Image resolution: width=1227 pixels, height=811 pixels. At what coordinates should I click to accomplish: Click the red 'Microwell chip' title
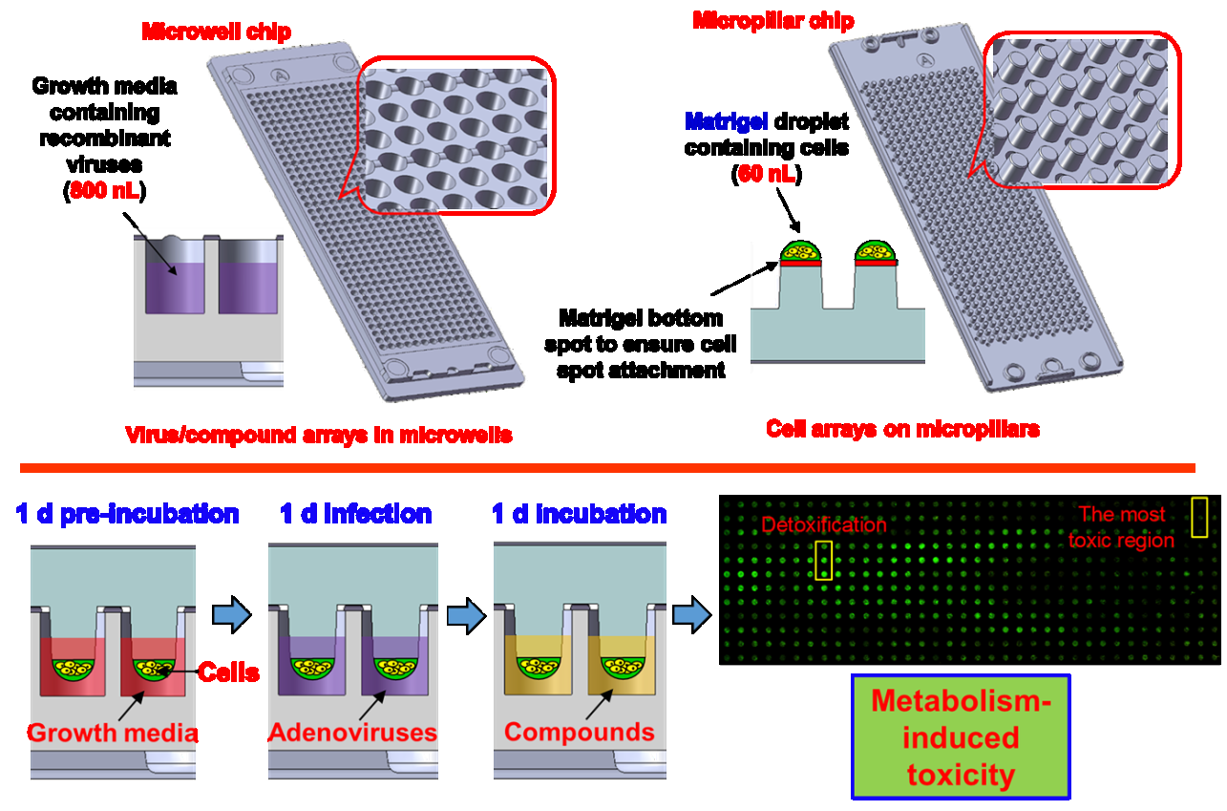coord(216,32)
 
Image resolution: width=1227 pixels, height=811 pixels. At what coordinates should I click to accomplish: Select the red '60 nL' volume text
coord(767,174)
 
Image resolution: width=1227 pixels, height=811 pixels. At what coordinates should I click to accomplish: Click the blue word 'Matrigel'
coord(718,123)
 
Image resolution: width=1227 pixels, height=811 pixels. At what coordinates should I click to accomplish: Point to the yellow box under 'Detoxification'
coord(823,560)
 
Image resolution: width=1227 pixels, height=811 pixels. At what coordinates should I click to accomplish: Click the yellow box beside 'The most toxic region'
coord(1199,516)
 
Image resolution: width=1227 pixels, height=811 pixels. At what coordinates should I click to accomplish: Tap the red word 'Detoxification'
coord(824,524)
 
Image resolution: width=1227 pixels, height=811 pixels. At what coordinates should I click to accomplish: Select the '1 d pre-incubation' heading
coord(127,514)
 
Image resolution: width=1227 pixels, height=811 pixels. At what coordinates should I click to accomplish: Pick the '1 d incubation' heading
coord(579,514)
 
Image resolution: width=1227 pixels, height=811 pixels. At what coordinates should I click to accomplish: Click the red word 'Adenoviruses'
coord(352,733)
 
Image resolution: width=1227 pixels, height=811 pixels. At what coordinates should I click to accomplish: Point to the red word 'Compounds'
coord(580,733)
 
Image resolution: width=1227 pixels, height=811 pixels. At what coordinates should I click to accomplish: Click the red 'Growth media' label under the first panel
coord(113,733)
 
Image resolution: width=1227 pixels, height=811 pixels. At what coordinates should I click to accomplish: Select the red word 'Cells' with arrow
coord(228,672)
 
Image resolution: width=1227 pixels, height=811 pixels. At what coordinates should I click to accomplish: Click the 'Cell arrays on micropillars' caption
coord(902,429)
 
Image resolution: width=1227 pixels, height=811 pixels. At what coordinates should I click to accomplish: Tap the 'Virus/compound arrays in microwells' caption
coord(319,436)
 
